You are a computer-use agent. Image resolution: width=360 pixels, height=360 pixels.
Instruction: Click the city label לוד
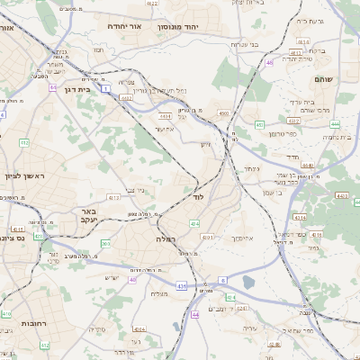199,195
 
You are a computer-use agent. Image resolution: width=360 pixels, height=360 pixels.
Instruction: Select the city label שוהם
323,79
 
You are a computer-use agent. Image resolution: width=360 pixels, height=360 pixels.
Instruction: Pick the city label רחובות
33,322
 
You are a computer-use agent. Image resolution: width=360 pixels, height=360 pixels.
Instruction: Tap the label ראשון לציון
24,175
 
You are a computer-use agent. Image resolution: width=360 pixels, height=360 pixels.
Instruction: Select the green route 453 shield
258,124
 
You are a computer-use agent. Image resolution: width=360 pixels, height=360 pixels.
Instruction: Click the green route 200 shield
105,243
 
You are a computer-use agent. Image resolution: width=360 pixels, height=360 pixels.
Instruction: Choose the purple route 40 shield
131,280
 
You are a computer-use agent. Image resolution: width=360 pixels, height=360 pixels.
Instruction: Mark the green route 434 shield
193,222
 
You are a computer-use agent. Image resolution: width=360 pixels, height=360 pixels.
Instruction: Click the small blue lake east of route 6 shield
248,283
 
